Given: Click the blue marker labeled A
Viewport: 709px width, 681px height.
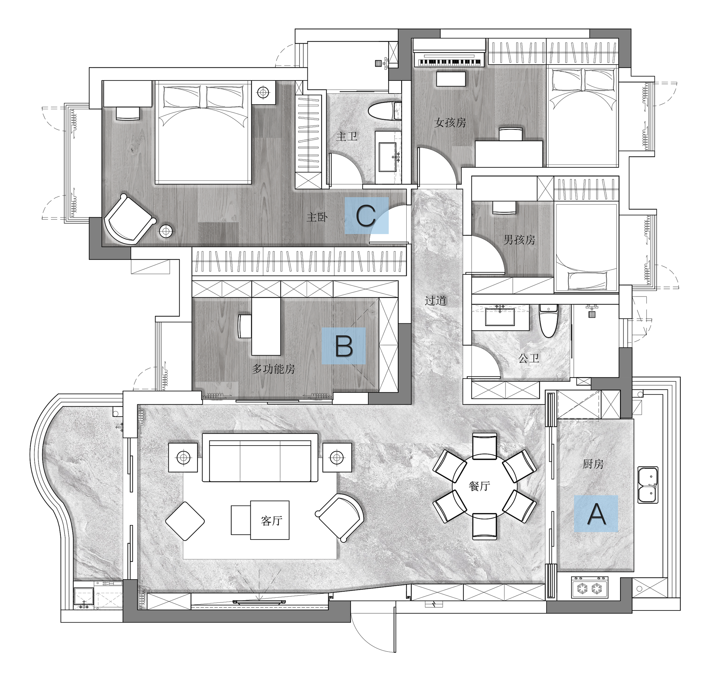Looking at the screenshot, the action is (x=596, y=514).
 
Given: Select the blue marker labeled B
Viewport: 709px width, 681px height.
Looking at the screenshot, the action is (x=344, y=346).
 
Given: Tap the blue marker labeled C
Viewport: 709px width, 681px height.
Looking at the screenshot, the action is (x=367, y=216).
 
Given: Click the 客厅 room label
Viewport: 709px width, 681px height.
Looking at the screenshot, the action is (x=272, y=520).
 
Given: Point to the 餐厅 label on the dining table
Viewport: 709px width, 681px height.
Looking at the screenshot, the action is (x=479, y=486).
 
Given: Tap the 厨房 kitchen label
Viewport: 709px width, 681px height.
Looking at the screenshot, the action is (x=593, y=464).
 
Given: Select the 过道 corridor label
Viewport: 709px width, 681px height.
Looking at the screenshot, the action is (x=436, y=301).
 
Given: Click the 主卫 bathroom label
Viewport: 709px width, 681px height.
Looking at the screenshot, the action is (x=347, y=136).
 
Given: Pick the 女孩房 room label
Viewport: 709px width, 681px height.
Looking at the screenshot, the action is (x=450, y=123).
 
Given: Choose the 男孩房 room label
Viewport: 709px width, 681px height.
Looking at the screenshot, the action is (x=519, y=239).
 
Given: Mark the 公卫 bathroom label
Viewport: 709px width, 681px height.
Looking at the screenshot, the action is (x=529, y=358).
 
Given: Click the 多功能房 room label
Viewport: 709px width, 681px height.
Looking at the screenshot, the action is (x=273, y=369).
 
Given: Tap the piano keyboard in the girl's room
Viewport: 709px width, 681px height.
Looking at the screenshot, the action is (x=449, y=59).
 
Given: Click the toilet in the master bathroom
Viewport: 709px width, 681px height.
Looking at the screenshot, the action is (x=385, y=111).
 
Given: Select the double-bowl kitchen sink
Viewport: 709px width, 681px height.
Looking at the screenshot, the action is (x=648, y=485).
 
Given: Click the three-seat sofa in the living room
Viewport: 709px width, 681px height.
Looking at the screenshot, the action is (x=260, y=458).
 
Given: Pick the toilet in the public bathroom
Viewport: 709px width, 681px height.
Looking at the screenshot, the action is (x=548, y=321).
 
